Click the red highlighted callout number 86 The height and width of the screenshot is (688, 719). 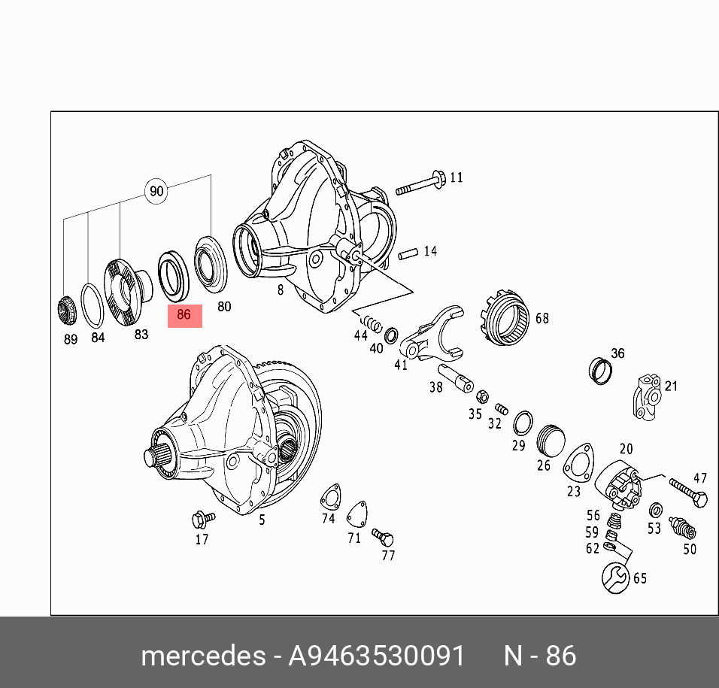(184, 315)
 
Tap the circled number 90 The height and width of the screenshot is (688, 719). (156, 191)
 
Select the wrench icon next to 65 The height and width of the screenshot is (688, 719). (615, 578)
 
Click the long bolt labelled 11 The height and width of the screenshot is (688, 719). (420, 183)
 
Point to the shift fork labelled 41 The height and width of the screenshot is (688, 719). (432, 333)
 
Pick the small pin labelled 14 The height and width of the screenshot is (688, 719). (408, 253)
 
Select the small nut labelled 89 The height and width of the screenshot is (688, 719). (66, 311)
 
